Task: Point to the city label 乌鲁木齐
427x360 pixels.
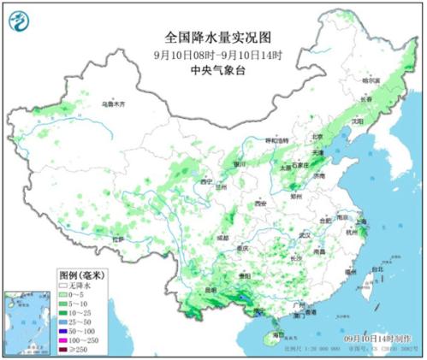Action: (113, 103)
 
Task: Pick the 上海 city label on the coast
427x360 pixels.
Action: (363, 221)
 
